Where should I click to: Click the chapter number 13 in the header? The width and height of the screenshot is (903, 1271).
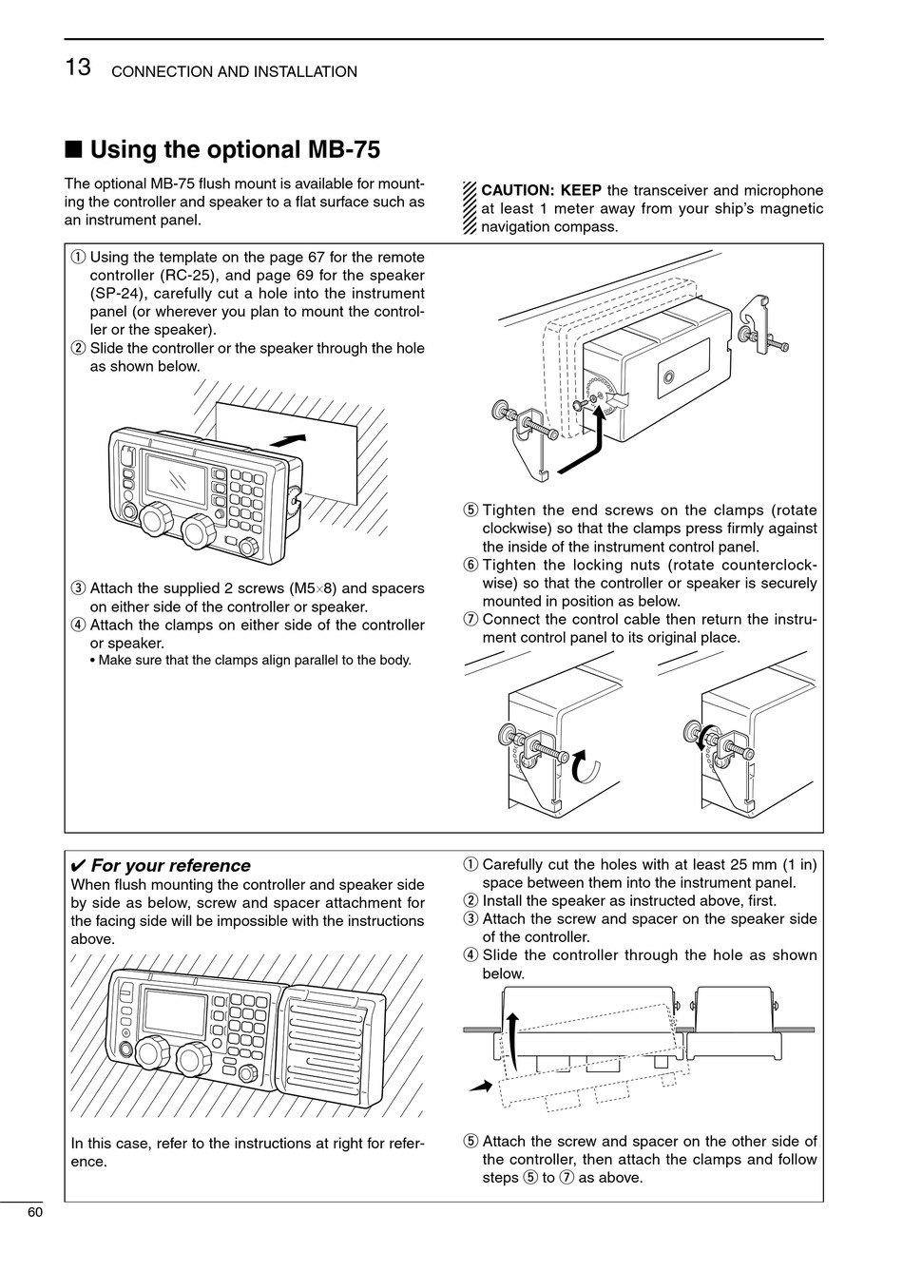point(78,68)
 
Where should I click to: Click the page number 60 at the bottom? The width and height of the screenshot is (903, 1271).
point(35,1212)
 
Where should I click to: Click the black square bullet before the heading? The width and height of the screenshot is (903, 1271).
point(73,150)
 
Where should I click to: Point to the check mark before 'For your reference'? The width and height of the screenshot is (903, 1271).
point(79,866)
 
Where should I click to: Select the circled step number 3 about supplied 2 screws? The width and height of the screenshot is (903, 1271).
point(78,588)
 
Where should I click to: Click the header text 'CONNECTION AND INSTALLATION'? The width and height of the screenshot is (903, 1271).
point(235,72)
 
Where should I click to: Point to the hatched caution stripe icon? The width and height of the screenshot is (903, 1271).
point(469,208)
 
